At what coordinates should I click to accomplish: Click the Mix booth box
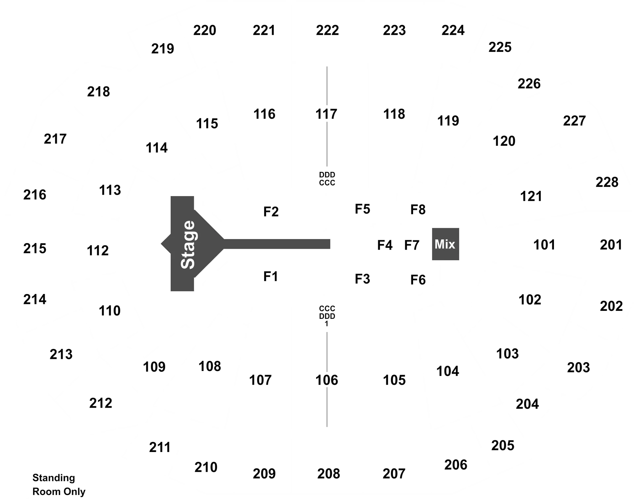(x=445, y=244)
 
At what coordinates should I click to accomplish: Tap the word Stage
(x=188, y=244)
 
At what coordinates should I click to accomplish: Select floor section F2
(x=271, y=212)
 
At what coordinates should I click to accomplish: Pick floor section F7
(x=412, y=245)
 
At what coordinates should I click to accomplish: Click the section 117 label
(x=326, y=114)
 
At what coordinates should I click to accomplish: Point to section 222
(x=327, y=30)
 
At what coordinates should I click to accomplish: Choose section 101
(x=544, y=245)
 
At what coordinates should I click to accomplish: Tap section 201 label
(x=611, y=245)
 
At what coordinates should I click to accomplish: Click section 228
(x=607, y=182)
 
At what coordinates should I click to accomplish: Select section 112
(x=98, y=251)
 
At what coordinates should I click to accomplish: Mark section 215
(x=35, y=249)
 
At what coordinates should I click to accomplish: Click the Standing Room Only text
(x=59, y=484)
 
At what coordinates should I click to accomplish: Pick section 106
(x=327, y=380)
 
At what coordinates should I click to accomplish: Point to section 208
(x=329, y=474)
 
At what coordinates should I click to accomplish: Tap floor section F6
(x=418, y=280)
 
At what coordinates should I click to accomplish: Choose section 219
(x=163, y=49)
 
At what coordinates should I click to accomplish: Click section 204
(x=528, y=404)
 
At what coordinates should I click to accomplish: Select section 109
(x=154, y=367)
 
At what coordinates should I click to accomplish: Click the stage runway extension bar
(x=277, y=244)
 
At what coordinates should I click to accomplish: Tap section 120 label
(x=504, y=141)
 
